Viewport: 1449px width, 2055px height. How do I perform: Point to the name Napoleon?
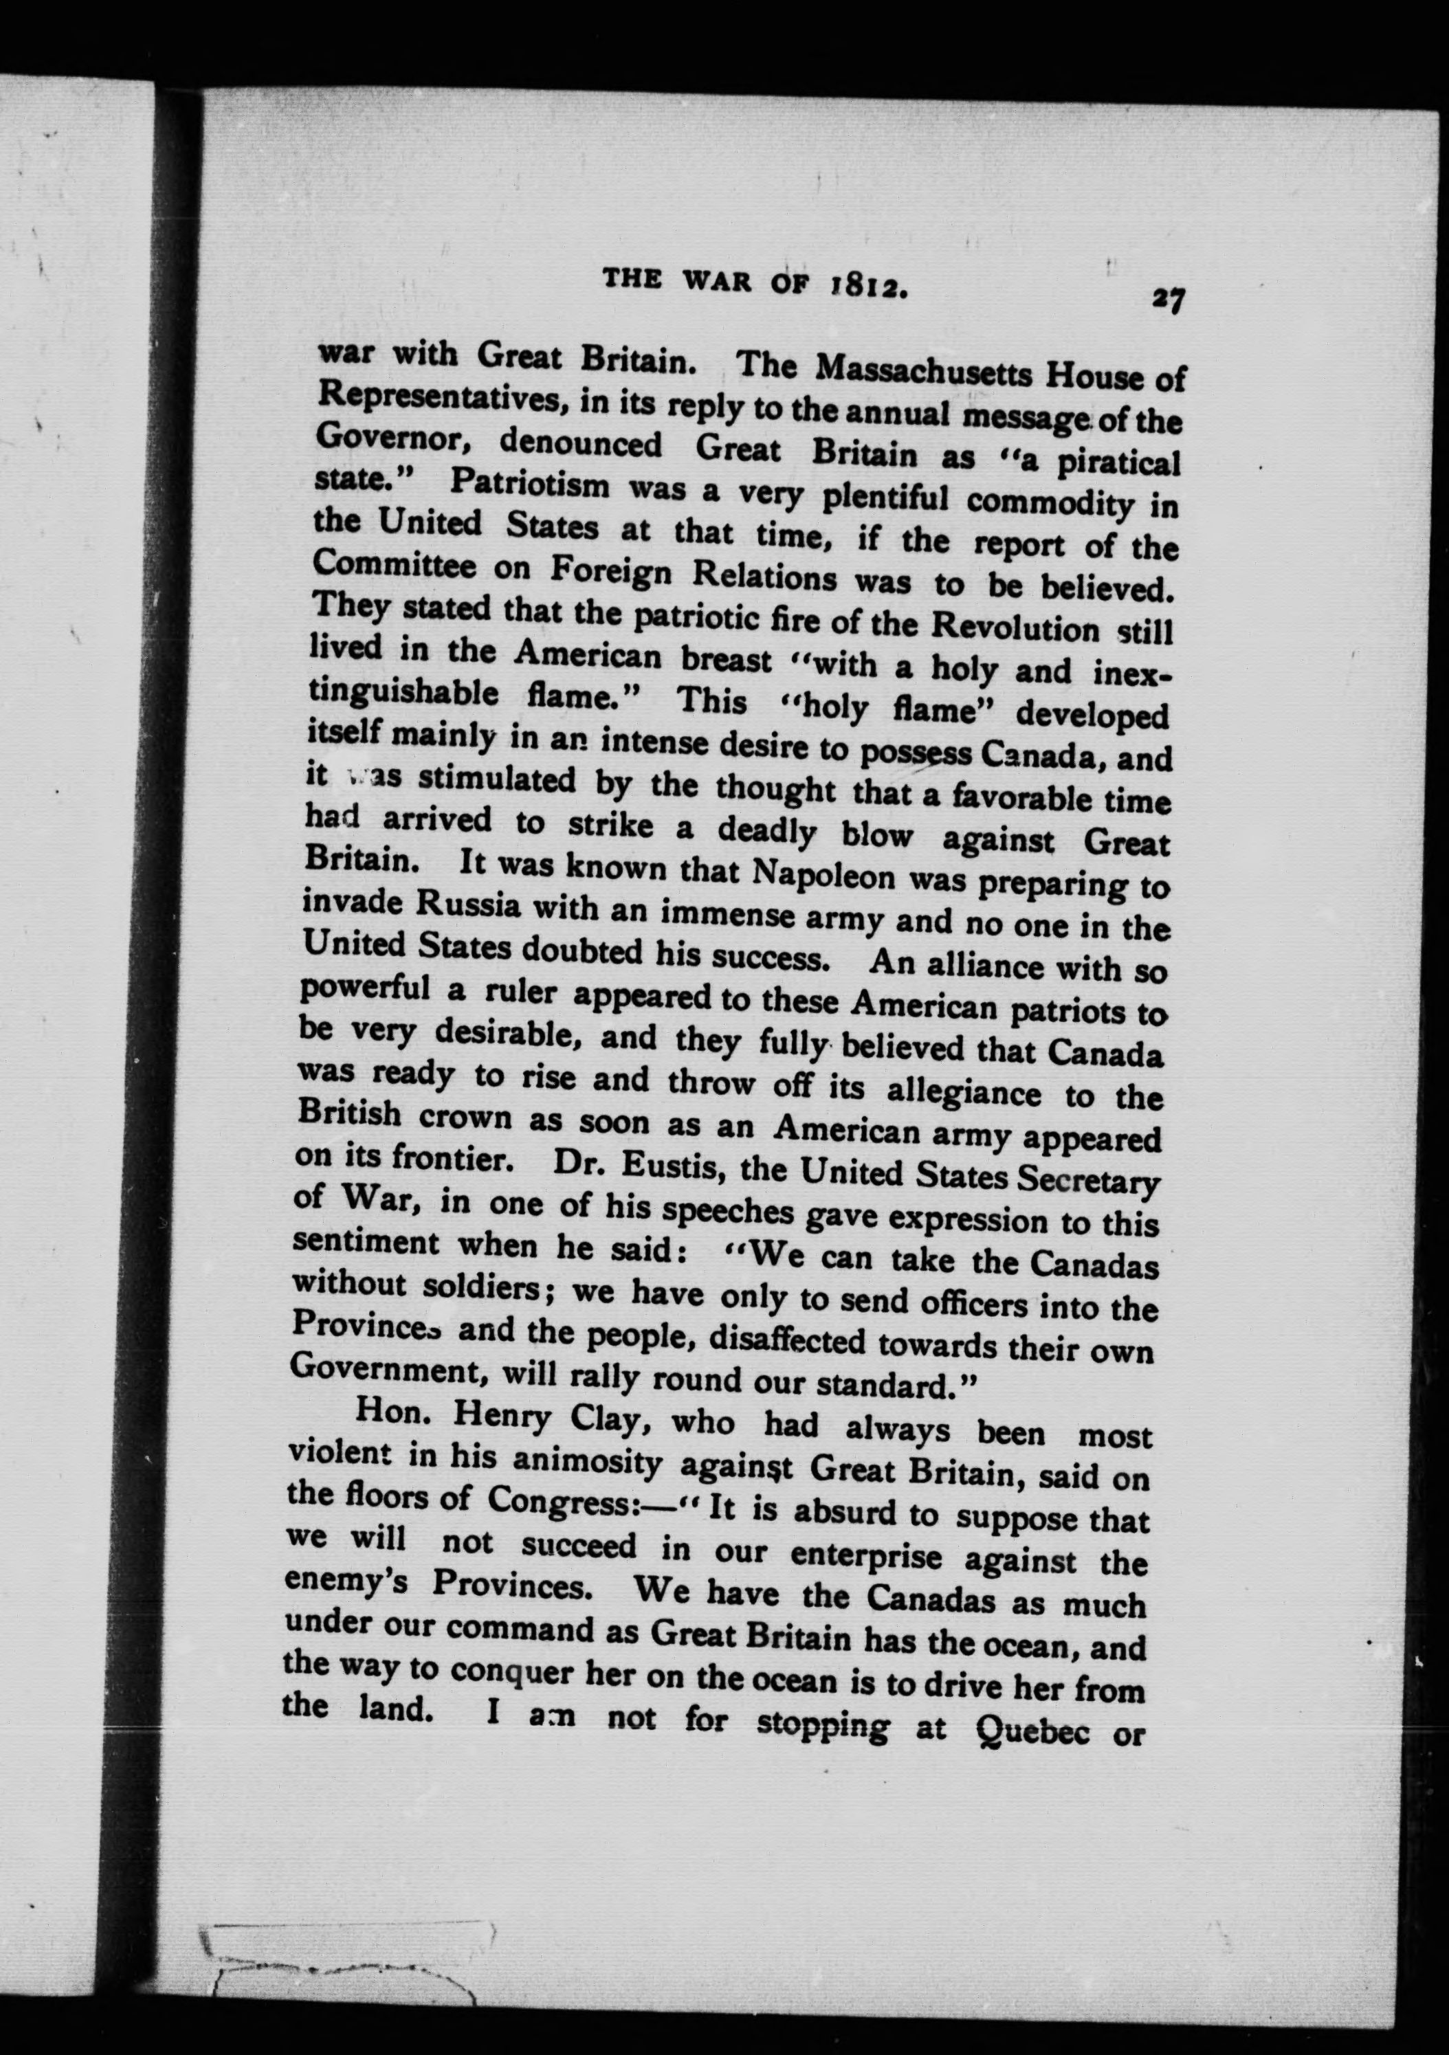click(823, 874)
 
